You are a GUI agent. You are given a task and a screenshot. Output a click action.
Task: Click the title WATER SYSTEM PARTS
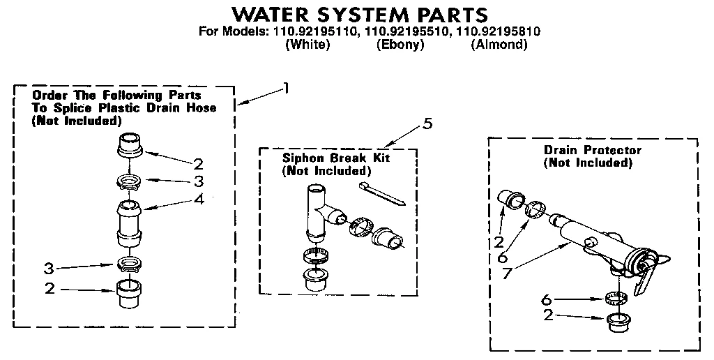(x=359, y=14)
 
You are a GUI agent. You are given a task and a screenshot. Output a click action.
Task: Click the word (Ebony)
(x=400, y=45)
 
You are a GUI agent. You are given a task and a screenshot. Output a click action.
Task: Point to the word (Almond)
(x=498, y=45)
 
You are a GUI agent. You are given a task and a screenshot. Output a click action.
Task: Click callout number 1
(x=285, y=88)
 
